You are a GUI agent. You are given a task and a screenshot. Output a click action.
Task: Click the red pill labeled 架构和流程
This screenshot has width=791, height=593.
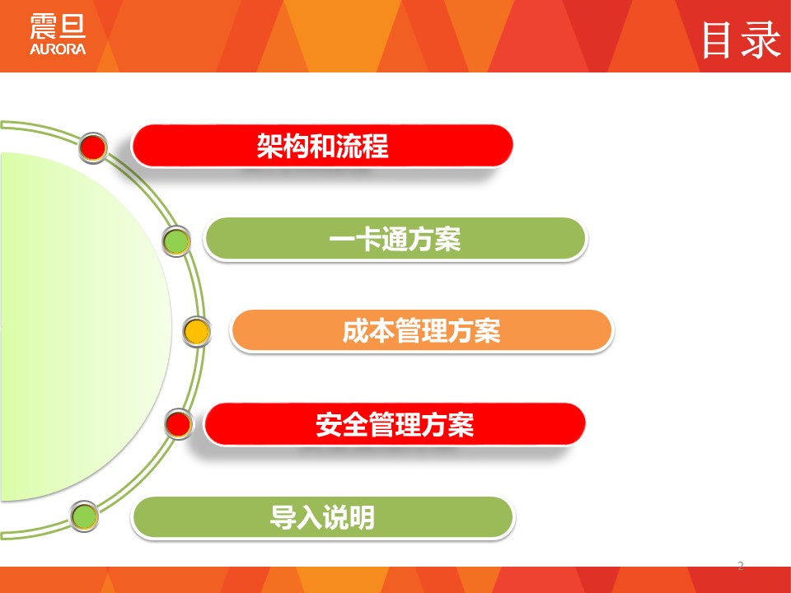click(x=322, y=146)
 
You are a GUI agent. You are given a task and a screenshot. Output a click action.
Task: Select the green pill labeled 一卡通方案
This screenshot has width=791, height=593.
click(x=395, y=239)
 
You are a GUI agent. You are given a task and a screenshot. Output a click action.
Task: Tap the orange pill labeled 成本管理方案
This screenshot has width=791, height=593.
click(x=422, y=331)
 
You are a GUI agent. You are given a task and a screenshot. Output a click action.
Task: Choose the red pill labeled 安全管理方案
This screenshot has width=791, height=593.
click(x=395, y=424)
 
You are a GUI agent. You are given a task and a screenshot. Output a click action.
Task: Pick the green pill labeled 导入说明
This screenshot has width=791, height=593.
click(x=322, y=517)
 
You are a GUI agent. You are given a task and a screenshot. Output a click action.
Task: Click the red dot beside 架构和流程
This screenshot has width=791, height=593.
click(x=93, y=147)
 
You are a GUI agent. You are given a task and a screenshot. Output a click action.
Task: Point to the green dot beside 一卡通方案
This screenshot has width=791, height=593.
click(x=176, y=241)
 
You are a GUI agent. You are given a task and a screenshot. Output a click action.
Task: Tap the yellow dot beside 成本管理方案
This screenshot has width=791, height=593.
click(x=196, y=332)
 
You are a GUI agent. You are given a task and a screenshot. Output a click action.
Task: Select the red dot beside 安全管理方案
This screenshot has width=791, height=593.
click(x=179, y=423)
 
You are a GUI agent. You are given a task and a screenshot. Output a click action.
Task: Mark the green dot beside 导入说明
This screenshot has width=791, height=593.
click(x=84, y=516)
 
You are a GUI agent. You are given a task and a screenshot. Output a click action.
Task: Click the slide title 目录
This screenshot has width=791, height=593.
click(x=742, y=40)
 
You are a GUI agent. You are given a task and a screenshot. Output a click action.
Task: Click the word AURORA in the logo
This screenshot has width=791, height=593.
click(x=58, y=49)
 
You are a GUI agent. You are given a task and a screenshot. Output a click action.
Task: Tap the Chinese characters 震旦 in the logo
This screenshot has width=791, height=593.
click(x=58, y=26)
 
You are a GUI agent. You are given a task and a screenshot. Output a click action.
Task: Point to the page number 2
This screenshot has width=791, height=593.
click(x=741, y=565)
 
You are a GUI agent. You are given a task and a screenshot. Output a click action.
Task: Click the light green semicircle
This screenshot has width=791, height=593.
click(x=81, y=327)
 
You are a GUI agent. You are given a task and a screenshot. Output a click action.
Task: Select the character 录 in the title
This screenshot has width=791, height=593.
click(x=761, y=40)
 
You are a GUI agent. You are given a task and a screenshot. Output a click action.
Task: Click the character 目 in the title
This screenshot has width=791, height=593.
click(x=717, y=40)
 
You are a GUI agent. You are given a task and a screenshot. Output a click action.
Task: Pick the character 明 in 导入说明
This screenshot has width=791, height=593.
click(x=362, y=517)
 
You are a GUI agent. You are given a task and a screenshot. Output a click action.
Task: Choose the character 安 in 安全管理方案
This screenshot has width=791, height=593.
click(x=329, y=425)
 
